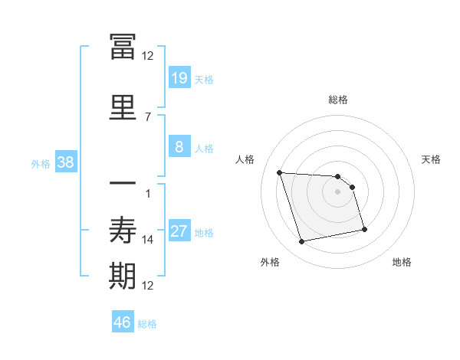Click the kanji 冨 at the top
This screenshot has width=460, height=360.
(123, 46)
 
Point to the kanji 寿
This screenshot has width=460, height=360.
(123, 230)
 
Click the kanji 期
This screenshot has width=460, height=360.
(123, 276)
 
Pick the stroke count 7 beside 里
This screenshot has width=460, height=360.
(148, 116)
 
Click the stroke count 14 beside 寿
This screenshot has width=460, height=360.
(148, 240)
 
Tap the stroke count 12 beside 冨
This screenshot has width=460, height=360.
(148, 55)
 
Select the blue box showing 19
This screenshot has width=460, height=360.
(179, 78)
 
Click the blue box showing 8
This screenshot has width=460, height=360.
(179, 147)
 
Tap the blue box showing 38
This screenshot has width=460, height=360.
(65, 162)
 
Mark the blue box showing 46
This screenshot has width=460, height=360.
(123, 322)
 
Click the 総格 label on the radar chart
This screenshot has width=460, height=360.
(338, 100)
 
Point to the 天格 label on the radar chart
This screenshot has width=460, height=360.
(431, 159)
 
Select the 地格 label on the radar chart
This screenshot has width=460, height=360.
(402, 262)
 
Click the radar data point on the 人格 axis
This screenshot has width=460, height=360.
(280, 172)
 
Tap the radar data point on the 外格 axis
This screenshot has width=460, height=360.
(302, 242)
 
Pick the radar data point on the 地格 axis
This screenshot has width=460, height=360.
(364, 228)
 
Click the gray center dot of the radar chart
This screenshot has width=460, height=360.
(338, 192)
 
